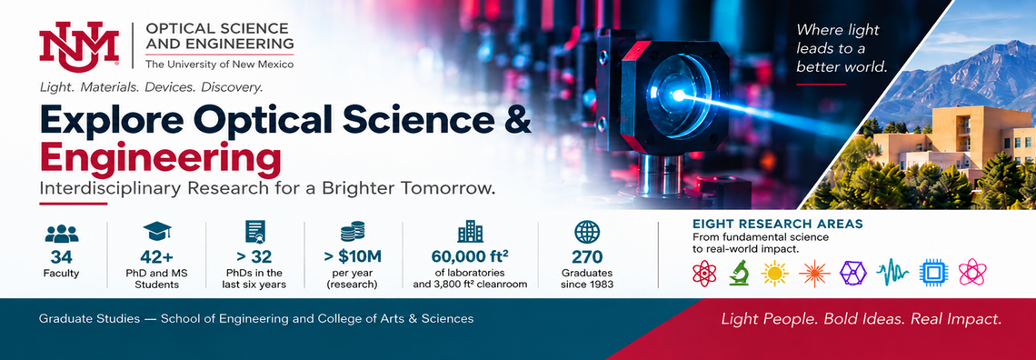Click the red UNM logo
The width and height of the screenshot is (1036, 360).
(x=79, y=45)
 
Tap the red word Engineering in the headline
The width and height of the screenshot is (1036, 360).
(x=160, y=158)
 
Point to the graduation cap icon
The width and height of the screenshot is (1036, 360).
(x=157, y=231)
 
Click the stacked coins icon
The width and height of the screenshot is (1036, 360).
(x=353, y=231)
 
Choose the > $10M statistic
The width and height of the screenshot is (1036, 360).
(x=353, y=256)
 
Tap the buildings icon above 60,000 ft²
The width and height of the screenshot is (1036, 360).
(x=470, y=231)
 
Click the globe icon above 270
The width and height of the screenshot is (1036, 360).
(x=587, y=232)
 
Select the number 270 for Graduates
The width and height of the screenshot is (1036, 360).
(x=587, y=256)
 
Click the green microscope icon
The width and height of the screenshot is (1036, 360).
(x=740, y=272)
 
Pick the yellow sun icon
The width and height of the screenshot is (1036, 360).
(x=774, y=272)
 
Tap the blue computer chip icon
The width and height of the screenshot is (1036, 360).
(x=932, y=272)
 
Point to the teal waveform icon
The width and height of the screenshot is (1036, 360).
(x=892, y=272)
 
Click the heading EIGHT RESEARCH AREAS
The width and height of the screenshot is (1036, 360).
(x=777, y=224)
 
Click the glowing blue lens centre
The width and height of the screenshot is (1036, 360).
(x=677, y=95)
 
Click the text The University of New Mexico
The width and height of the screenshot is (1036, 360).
(x=219, y=64)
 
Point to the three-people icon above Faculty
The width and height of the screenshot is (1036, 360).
(x=62, y=233)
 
